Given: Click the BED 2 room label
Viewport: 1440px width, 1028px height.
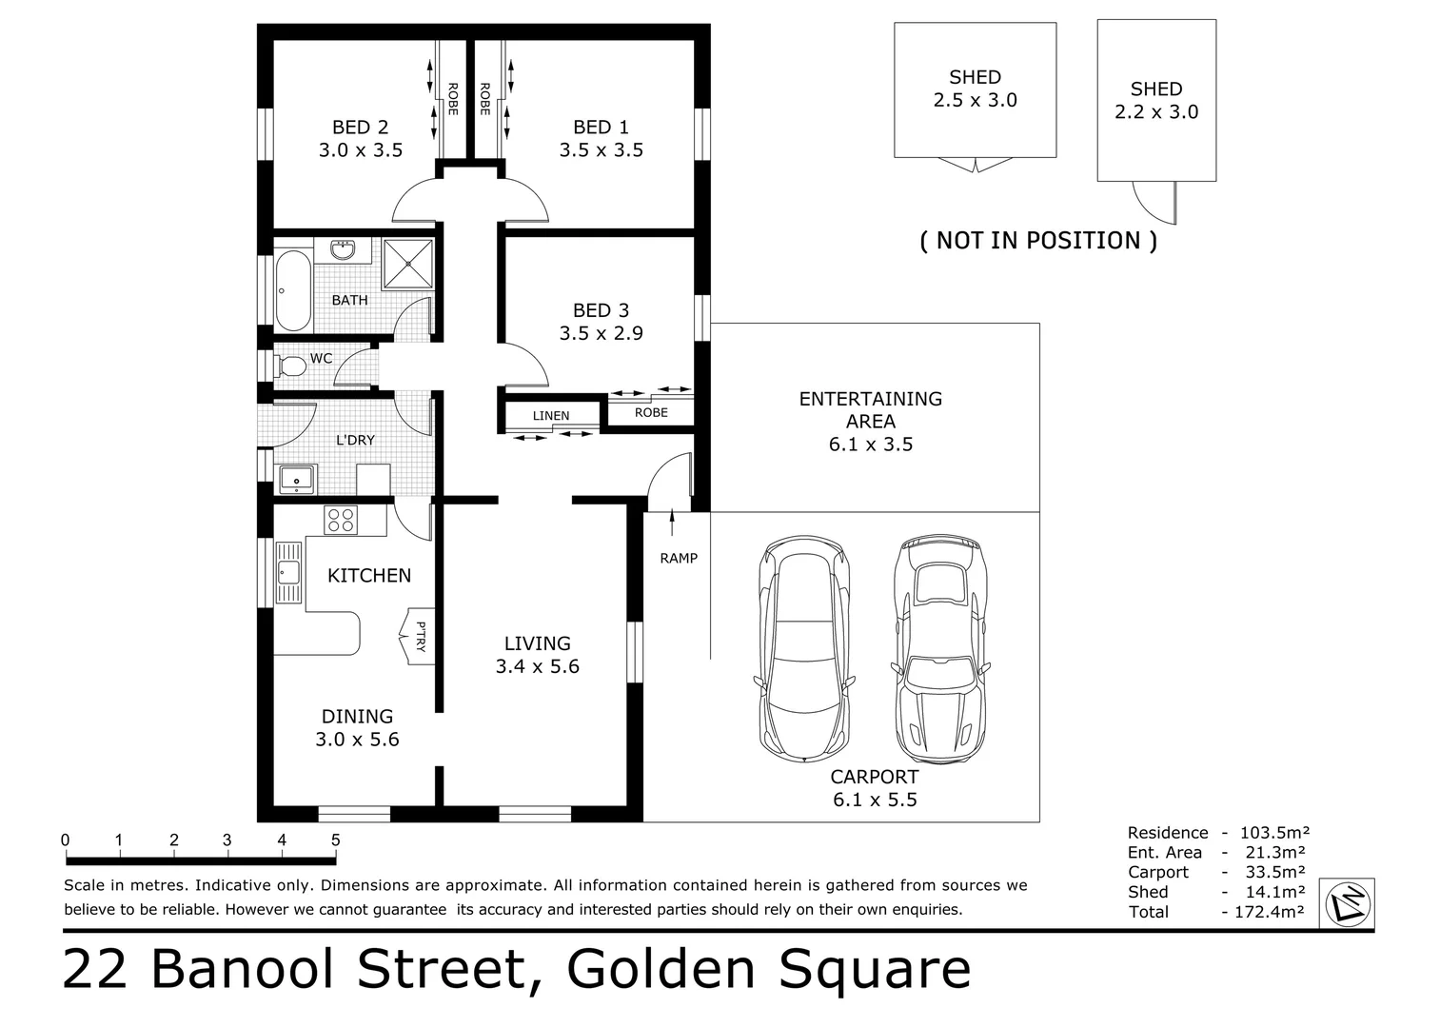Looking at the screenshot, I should tap(360, 128).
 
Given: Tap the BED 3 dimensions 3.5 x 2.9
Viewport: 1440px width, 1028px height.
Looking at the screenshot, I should tap(601, 334).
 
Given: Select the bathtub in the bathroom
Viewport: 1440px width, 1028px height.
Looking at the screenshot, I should tap(292, 290).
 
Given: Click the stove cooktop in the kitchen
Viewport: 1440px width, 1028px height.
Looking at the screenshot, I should tap(341, 521).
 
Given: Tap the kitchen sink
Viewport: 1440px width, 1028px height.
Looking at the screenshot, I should tap(286, 572).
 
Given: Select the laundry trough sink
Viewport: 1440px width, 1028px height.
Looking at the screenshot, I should tap(298, 481).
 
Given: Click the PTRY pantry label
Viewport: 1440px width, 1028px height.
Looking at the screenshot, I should tap(421, 636).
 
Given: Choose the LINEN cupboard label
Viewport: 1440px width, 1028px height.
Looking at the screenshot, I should tap(551, 416).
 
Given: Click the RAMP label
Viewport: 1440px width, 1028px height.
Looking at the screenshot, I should tap(679, 559).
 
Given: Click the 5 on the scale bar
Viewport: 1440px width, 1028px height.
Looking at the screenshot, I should tap(335, 840).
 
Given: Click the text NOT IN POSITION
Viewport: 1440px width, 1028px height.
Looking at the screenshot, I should tap(1037, 241).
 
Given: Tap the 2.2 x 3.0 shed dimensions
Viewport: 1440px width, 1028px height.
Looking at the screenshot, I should tap(1156, 112).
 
